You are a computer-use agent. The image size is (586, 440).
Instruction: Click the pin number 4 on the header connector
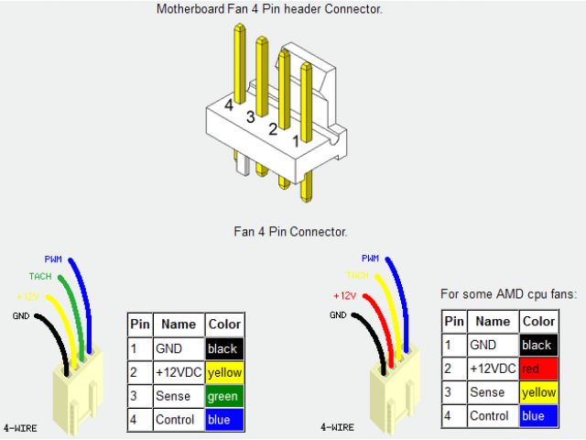pyautogui.click(x=229, y=104)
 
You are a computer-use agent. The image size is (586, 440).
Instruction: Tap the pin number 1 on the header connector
pyautogui.click(x=296, y=141)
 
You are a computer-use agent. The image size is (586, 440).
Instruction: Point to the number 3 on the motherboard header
pyautogui.click(x=250, y=117)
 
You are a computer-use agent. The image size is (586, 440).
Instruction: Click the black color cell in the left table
pyautogui.click(x=224, y=349)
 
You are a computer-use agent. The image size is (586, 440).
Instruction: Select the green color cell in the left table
pyautogui.click(x=224, y=397)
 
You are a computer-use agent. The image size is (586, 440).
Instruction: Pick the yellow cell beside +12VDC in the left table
pyautogui.click(x=224, y=373)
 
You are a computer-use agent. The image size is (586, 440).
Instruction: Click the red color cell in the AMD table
pyautogui.click(x=538, y=369)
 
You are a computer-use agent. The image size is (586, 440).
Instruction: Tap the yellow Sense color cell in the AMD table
pyautogui.click(x=538, y=392)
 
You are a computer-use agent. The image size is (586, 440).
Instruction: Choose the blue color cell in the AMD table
pyautogui.click(x=538, y=416)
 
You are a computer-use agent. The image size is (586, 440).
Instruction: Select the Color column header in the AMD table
pyautogui.click(x=538, y=321)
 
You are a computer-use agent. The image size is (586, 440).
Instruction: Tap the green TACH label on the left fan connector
pyautogui.click(x=39, y=276)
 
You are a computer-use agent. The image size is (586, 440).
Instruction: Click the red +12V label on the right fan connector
pyautogui.click(x=344, y=296)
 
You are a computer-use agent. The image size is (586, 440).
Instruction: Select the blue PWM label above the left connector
pyautogui.click(x=53, y=258)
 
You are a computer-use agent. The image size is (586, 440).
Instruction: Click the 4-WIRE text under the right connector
pyautogui.click(x=338, y=428)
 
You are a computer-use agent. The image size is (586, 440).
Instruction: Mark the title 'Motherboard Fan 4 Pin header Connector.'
pyautogui.click(x=269, y=9)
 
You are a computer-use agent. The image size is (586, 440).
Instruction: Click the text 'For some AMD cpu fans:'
pyautogui.click(x=508, y=295)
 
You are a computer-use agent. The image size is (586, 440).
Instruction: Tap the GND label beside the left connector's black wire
pyautogui.click(x=20, y=315)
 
